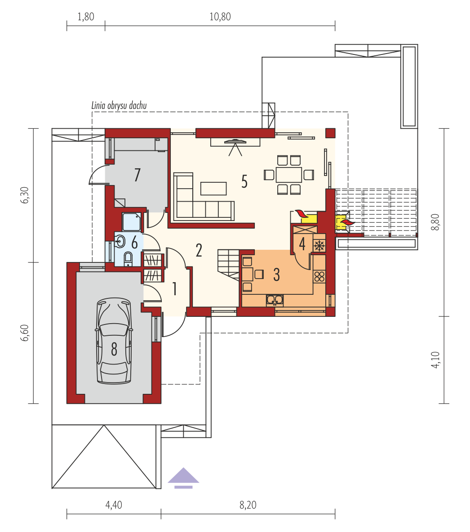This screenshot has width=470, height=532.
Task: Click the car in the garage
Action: pyautogui.click(x=114, y=341)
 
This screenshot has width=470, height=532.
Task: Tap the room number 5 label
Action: pyautogui.click(x=244, y=181)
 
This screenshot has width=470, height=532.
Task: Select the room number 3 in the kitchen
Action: pyautogui.click(x=277, y=275)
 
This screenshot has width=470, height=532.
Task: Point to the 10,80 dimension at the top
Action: pyautogui.click(x=220, y=17)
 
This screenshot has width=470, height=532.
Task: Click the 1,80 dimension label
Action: pyautogui.click(x=86, y=17)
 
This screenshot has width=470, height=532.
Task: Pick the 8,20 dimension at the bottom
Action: pyautogui.click(x=248, y=505)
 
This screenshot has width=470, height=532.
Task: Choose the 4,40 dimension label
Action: pyautogui.click(x=114, y=505)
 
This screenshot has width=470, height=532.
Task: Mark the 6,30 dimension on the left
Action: pyautogui.click(x=25, y=195)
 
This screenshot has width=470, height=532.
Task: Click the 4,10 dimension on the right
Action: pyautogui.click(x=436, y=360)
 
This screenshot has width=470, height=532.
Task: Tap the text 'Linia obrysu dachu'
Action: pyautogui.click(x=119, y=105)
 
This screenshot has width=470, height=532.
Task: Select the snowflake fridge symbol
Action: pyautogui.click(x=319, y=245)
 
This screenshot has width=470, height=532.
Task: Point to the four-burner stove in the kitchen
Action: pyautogui.click(x=319, y=276)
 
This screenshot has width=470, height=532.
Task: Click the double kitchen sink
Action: pyautogui.click(x=275, y=300)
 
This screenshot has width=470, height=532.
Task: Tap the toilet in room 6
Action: pyautogui.click(x=128, y=259)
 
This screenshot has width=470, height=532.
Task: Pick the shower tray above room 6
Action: pyautogui.click(x=132, y=222)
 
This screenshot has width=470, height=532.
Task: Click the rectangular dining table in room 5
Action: pyautogui.click(x=288, y=175)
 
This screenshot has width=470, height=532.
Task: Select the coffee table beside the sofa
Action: pyautogui.click(x=213, y=189)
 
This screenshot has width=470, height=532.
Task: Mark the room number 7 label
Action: pyautogui.click(x=137, y=175)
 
